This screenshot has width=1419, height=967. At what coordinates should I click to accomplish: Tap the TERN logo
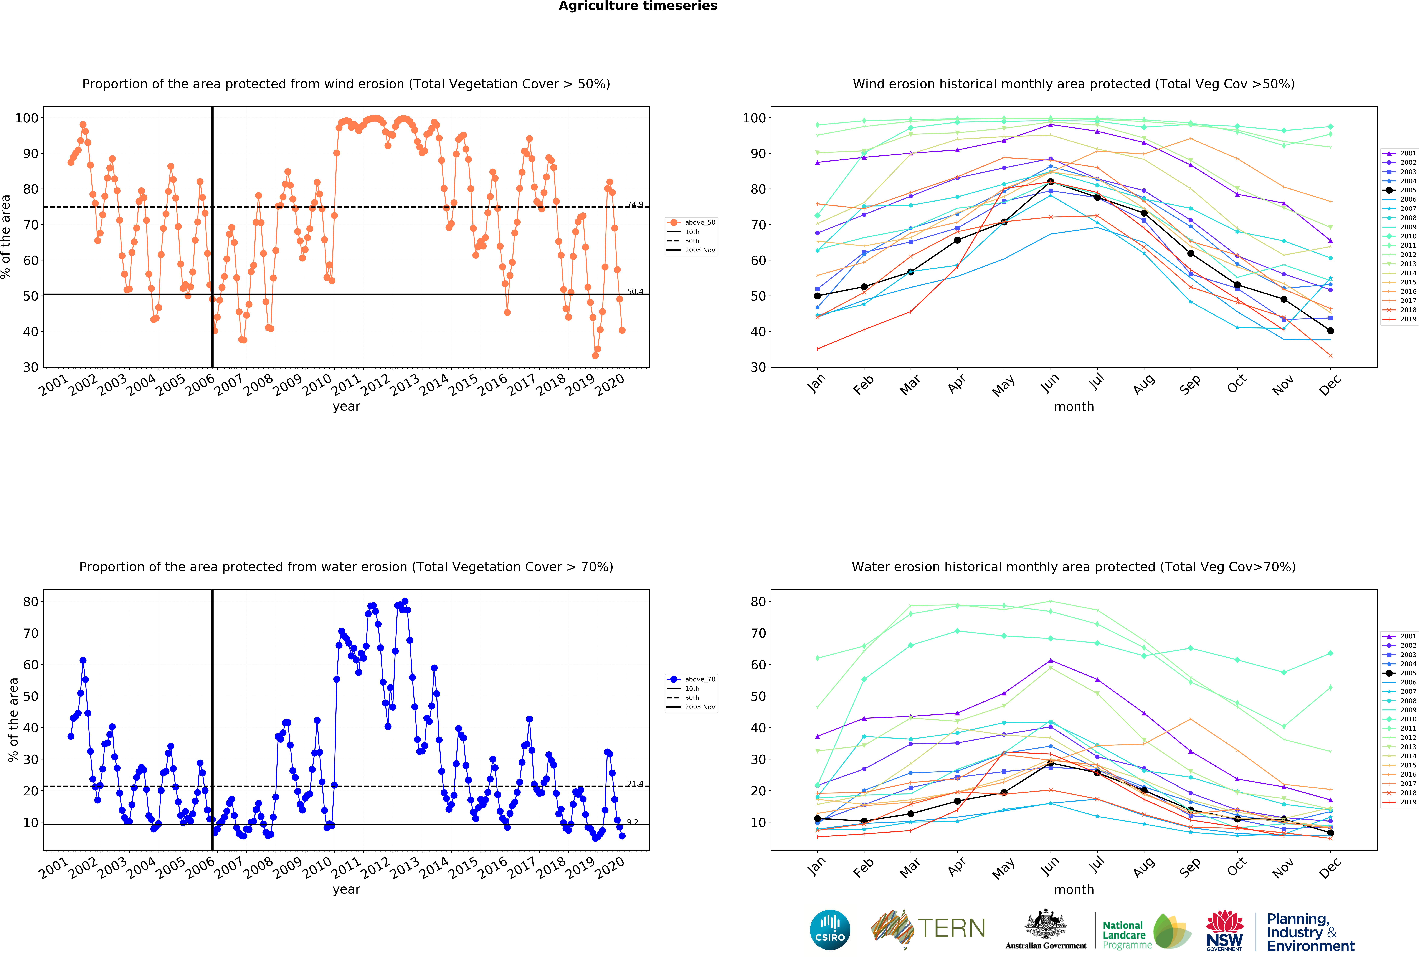[928, 929]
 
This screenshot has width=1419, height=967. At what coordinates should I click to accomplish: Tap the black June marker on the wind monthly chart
[1050, 182]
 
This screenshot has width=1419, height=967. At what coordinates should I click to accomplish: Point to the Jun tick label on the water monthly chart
[1050, 867]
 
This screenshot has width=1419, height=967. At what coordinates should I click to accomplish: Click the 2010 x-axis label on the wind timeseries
[317, 385]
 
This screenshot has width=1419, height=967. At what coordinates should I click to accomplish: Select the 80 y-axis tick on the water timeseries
[31, 601]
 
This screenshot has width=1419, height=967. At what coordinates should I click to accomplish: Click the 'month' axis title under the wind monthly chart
[1073, 407]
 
